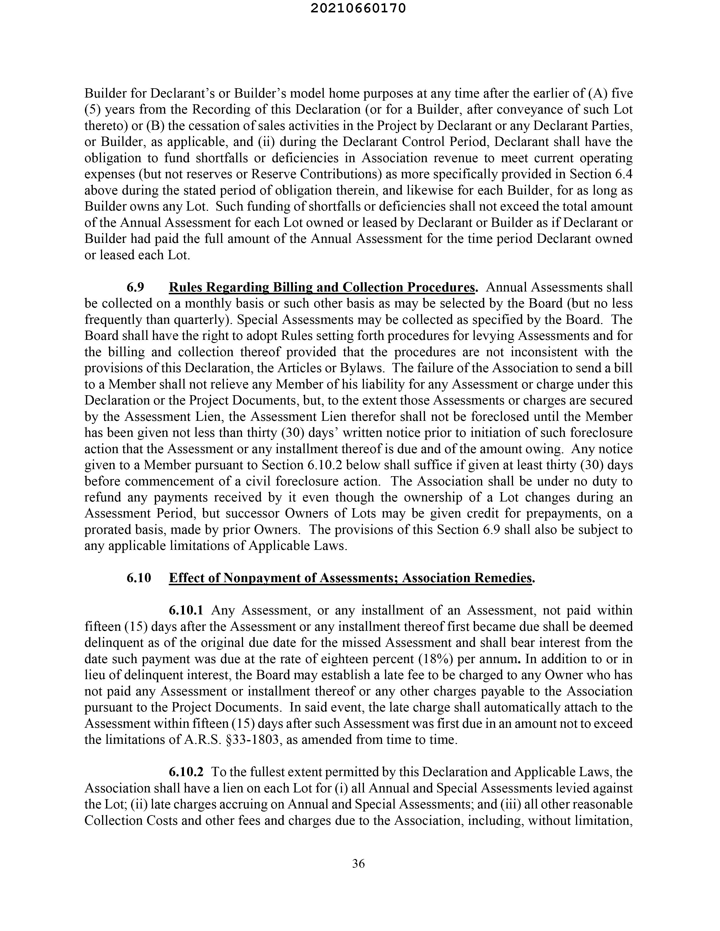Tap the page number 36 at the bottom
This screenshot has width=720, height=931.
358,864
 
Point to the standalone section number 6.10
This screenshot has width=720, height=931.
139,578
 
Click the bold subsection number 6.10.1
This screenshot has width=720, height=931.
186,611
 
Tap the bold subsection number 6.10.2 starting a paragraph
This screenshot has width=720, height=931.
186,772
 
